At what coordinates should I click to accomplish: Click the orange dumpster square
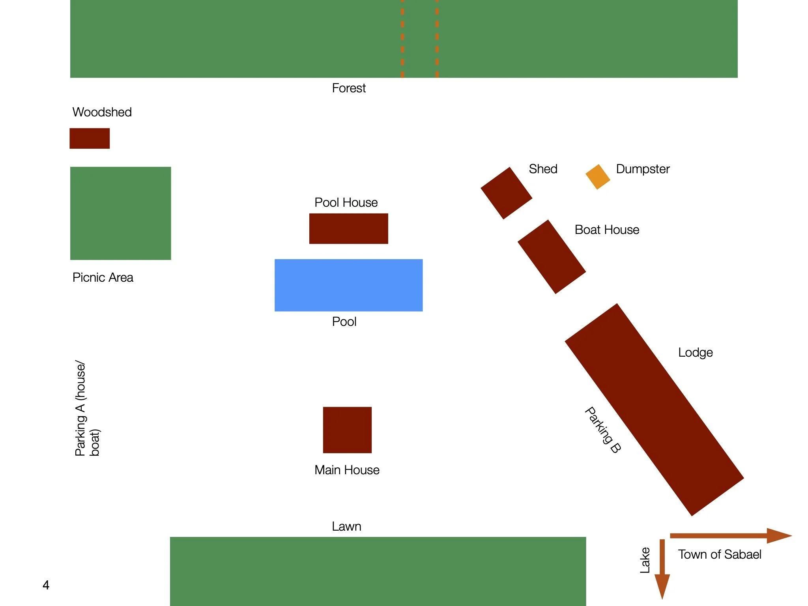click(x=598, y=177)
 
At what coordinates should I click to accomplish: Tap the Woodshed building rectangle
click(x=90, y=138)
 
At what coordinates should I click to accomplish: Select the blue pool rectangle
click(x=348, y=285)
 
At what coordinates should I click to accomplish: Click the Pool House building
click(x=348, y=228)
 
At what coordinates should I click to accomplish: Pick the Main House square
click(x=347, y=430)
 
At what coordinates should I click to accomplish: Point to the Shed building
click(x=506, y=193)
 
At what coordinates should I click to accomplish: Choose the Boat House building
click(x=552, y=257)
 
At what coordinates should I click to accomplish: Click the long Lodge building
click(x=654, y=410)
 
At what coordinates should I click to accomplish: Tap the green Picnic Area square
click(x=120, y=213)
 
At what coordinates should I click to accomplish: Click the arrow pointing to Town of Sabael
click(x=730, y=535)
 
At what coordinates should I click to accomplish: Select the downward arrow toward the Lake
click(x=662, y=568)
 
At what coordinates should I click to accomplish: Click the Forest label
click(x=349, y=88)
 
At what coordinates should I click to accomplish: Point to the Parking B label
click(x=603, y=430)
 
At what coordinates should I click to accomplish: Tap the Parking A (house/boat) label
click(x=87, y=408)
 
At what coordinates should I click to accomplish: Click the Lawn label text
click(x=346, y=526)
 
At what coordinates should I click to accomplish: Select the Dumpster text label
click(x=643, y=169)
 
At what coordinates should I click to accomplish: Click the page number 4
click(x=46, y=585)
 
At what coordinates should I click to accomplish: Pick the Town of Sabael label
click(x=720, y=554)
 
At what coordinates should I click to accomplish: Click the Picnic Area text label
click(x=103, y=277)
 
